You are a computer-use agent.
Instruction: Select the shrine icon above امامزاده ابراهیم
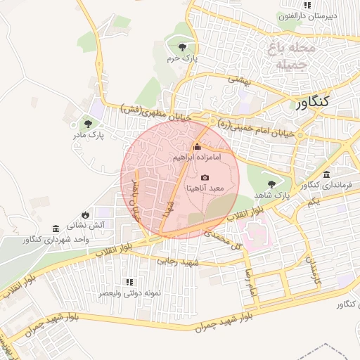pos(196,147)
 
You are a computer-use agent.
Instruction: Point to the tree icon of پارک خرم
pos(182,47)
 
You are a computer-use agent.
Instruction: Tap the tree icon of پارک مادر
pos(88,123)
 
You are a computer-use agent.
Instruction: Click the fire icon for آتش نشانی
pos(85,214)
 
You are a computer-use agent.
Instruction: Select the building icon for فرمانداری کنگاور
pos(326,174)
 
